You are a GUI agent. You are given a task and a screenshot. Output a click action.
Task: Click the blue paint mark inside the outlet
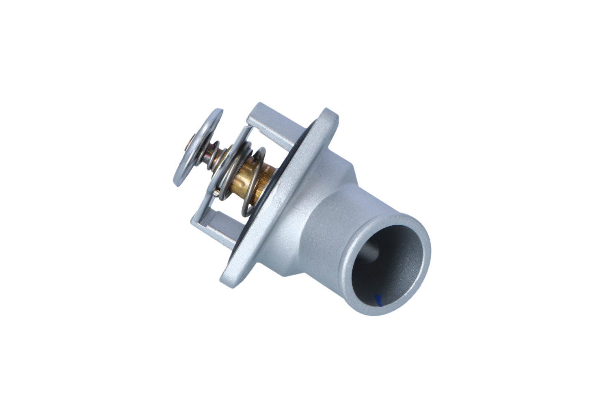[x=379, y=300]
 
